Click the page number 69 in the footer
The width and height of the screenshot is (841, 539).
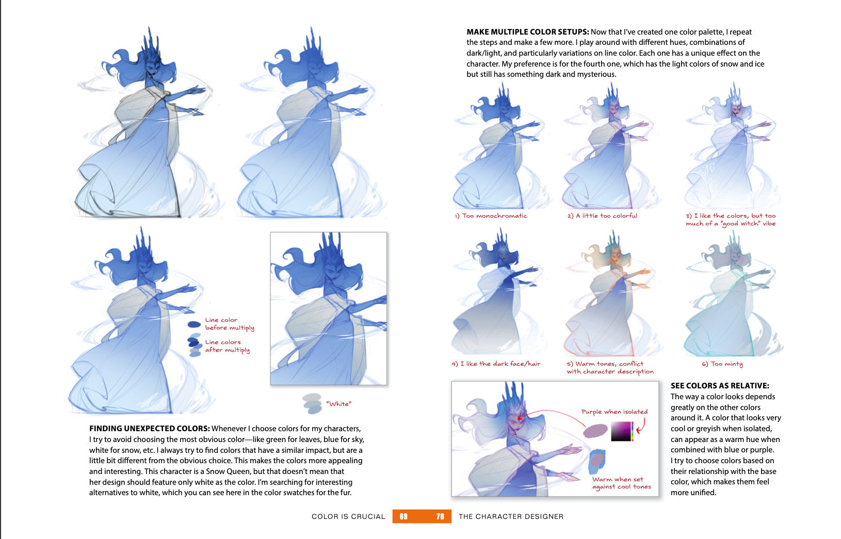coord(403,516)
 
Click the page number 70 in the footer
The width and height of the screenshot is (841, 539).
coord(440,516)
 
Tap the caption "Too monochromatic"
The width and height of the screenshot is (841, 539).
coord(494,216)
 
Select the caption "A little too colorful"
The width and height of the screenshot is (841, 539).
coord(606,216)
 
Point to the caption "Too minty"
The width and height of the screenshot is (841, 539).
coord(726,364)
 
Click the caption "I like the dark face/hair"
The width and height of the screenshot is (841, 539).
coord(500,364)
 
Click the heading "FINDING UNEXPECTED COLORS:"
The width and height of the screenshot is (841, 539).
coord(150,429)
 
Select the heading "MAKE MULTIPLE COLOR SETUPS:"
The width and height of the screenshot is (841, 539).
coord(527,32)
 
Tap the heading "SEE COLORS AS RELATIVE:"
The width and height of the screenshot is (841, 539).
coord(720,386)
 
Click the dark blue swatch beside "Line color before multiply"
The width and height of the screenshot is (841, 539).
coord(194,324)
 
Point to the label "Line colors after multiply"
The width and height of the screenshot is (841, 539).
coord(227,346)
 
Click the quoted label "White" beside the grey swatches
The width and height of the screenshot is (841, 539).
coord(338,404)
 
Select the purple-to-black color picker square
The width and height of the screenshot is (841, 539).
coord(621,431)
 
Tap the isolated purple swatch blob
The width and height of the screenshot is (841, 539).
coord(595,431)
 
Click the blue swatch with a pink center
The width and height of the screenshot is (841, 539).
coord(596,461)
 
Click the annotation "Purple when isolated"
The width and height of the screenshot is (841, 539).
coord(614,412)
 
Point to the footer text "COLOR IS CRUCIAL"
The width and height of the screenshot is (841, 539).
coord(348,516)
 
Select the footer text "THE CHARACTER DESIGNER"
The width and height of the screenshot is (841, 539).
coord(511,516)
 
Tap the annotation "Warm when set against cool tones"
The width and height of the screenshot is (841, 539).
coord(621,483)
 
